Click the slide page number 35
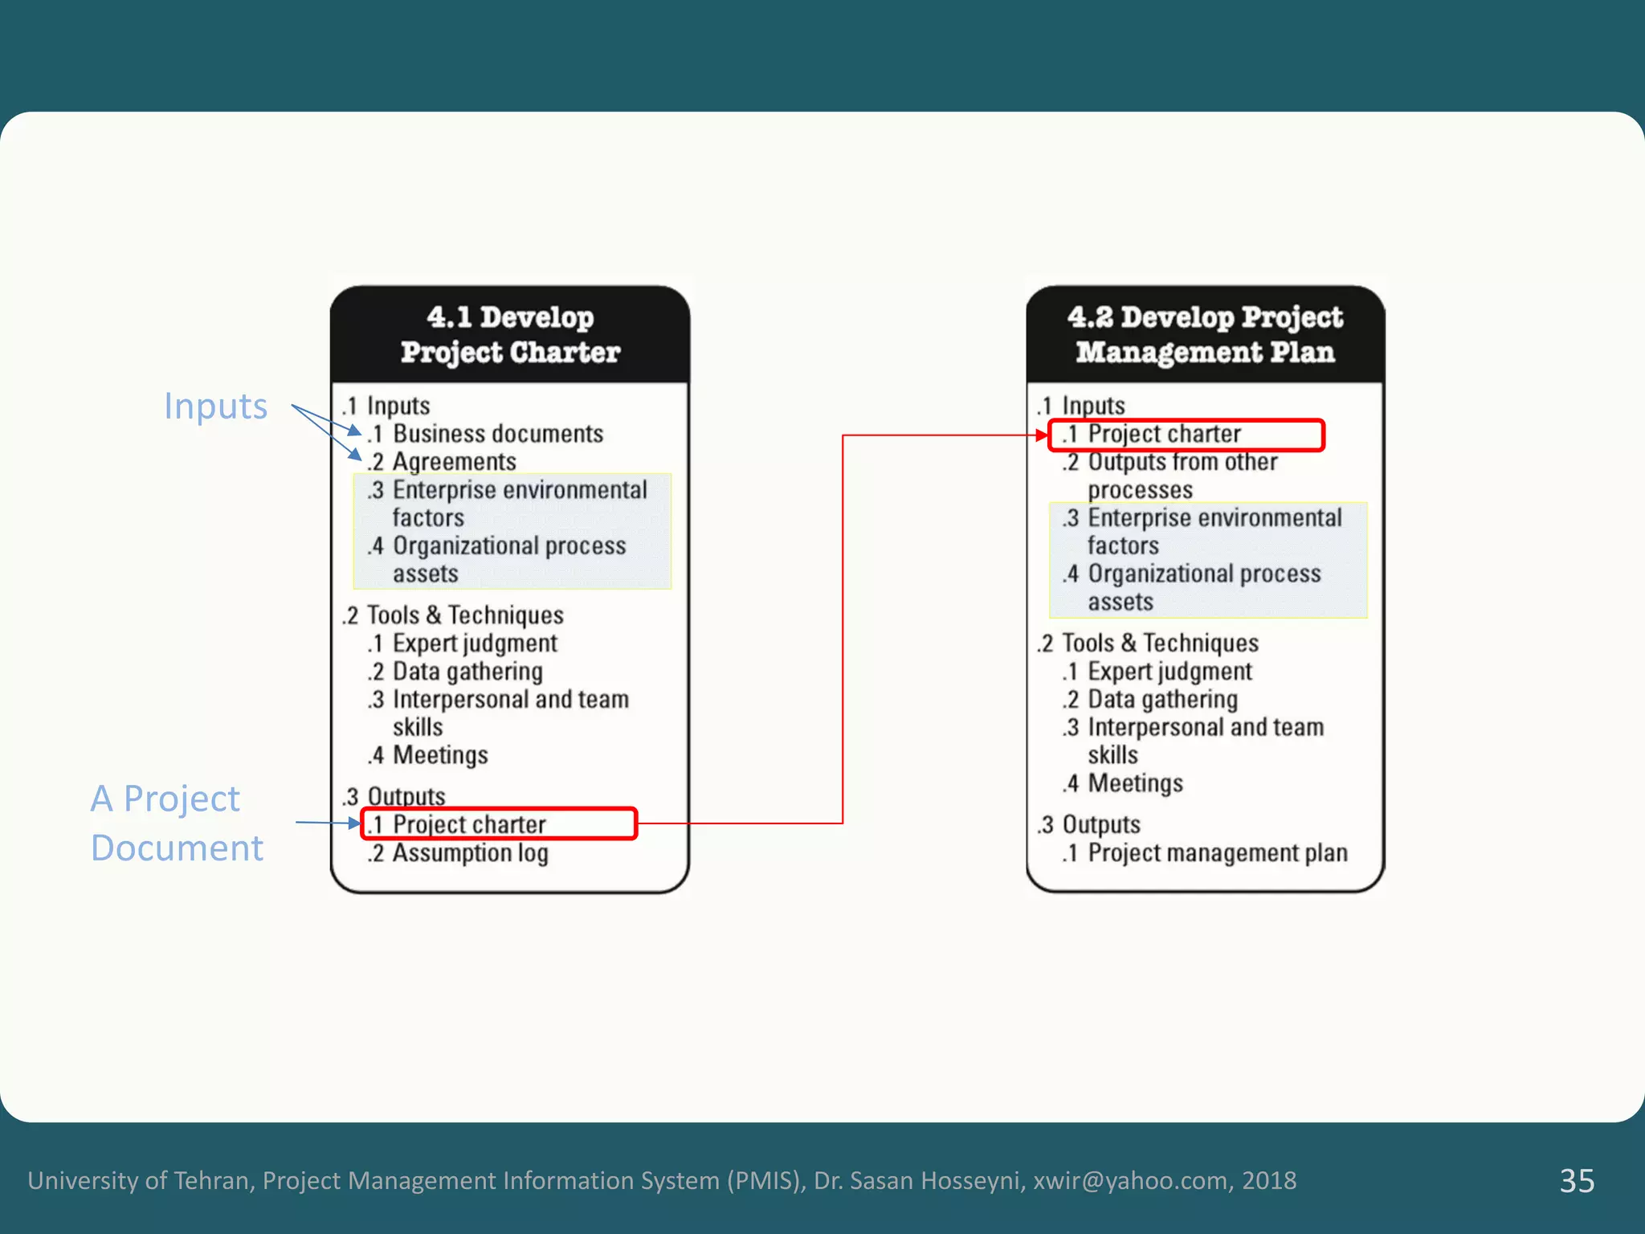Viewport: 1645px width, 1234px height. click(x=1577, y=1181)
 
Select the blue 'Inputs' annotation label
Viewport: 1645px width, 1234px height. click(x=215, y=407)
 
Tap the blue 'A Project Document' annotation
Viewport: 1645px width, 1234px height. click(x=177, y=823)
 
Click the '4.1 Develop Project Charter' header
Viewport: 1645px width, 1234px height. click(x=510, y=334)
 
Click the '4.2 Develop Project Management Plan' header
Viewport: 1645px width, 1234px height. click(x=1205, y=334)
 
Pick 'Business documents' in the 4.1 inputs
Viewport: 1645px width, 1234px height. click(x=497, y=434)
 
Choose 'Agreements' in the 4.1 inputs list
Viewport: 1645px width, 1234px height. click(x=454, y=462)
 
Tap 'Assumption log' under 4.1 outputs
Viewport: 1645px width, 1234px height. click(x=470, y=853)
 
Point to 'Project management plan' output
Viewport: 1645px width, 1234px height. click(x=1217, y=853)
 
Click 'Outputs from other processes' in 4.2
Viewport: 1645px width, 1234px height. click(x=1182, y=476)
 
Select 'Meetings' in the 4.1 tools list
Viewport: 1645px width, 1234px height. click(x=440, y=755)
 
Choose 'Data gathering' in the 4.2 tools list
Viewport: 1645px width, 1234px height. click(x=1162, y=700)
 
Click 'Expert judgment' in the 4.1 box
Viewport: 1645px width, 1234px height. click(x=474, y=644)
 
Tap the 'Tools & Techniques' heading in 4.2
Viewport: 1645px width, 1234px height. click(x=1160, y=644)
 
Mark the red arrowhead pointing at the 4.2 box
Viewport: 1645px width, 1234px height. click(x=1042, y=435)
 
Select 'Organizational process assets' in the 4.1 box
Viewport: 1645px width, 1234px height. click(x=508, y=560)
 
